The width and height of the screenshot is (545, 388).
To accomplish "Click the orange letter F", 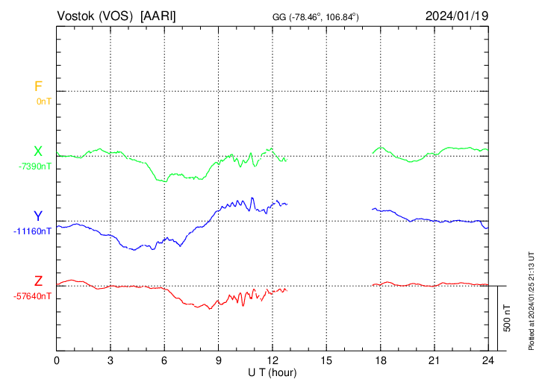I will tap(39, 87).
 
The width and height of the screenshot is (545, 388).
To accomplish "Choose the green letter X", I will tap(38, 151).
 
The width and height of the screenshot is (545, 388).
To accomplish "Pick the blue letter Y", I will tap(38, 216).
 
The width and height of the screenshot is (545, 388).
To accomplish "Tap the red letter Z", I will tap(38, 281).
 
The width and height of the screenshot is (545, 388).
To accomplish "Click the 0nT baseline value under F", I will tap(43, 101).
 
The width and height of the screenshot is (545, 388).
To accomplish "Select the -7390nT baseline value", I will tap(35, 166).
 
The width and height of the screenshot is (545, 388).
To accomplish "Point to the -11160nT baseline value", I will tap(33, 231).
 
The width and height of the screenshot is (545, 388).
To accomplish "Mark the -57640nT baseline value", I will tap(33, 296).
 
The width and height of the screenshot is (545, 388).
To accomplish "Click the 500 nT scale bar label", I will tap(508, 319).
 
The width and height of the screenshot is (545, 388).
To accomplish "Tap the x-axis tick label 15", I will tap(326, 360).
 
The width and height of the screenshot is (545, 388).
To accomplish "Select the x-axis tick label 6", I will tap(164, 360).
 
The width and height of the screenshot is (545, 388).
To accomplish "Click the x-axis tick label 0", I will tap(57, 360).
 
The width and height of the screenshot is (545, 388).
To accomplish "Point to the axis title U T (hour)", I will tap(272, 372).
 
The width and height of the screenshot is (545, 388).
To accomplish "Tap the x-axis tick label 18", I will tap(380, 360).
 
